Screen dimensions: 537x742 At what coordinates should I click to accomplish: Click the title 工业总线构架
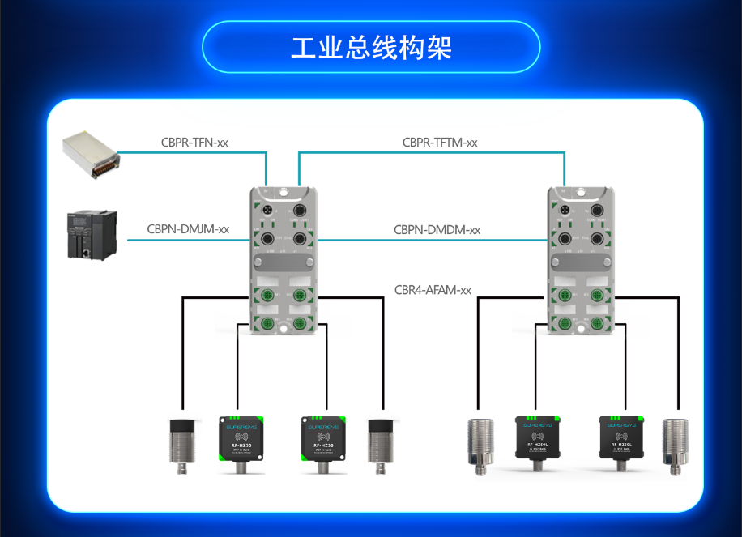[371, 47]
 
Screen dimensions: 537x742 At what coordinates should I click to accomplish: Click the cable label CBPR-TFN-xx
[194, 143]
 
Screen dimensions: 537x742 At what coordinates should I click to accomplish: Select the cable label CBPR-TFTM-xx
[440, 143]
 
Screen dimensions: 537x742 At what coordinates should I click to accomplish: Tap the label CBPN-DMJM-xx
[188, 229]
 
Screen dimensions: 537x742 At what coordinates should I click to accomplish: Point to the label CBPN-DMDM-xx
[437, 230]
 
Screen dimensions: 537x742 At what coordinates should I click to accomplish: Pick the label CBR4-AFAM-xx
[433, 289]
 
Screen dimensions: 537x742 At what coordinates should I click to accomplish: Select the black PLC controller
[92, 234]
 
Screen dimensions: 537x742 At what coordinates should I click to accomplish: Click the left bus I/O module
[283, 258]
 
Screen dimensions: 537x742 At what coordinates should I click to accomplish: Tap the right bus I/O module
[580, 258]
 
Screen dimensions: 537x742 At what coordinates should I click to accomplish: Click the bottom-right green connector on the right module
[598, 324]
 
